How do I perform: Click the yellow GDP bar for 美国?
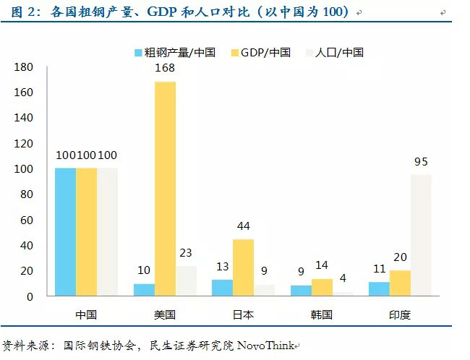tap(165, 189)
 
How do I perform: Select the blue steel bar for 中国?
tap(65, 232)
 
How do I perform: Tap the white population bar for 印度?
tap(422, 235)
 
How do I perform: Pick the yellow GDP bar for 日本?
tap(243, 267)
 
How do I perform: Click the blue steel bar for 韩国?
tap(300, 291)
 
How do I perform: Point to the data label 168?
tap(165, 69)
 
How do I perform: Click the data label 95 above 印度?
tap(422, 162)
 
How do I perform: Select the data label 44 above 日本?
tap(243, 227)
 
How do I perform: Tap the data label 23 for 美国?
tap(186, 254)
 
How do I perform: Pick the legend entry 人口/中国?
tap(339, 52)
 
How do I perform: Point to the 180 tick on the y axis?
tap(25, 67)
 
